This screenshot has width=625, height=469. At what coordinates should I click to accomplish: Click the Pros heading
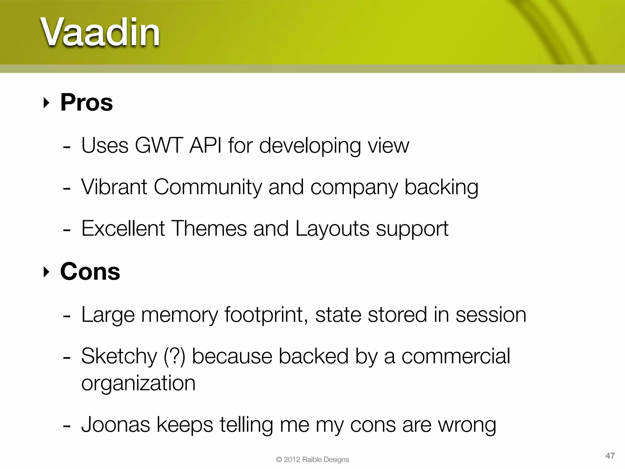click(86, 102)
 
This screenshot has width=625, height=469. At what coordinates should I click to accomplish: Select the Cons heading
click(90, 271)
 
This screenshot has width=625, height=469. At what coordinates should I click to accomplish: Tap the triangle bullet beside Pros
click(46, 103)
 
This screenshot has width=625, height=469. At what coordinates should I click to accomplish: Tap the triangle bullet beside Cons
click(46, 272)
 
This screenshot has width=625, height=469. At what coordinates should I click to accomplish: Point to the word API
click(205, 145)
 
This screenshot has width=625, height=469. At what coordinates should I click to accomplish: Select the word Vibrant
click(114, 187)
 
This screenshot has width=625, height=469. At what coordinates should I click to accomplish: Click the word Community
click(208, 187)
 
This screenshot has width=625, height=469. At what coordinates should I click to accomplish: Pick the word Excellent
click(123, 228)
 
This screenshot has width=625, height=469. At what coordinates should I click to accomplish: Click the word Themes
click(209, 228)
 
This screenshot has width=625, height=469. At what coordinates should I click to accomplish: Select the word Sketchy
click(119, 356)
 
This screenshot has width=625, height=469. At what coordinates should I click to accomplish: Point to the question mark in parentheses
click(175, 356)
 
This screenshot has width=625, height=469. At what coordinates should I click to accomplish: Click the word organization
click(138, 383)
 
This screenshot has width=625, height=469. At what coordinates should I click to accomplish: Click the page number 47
click(610, 456)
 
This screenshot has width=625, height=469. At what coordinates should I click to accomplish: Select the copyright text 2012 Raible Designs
click(316, 460)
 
